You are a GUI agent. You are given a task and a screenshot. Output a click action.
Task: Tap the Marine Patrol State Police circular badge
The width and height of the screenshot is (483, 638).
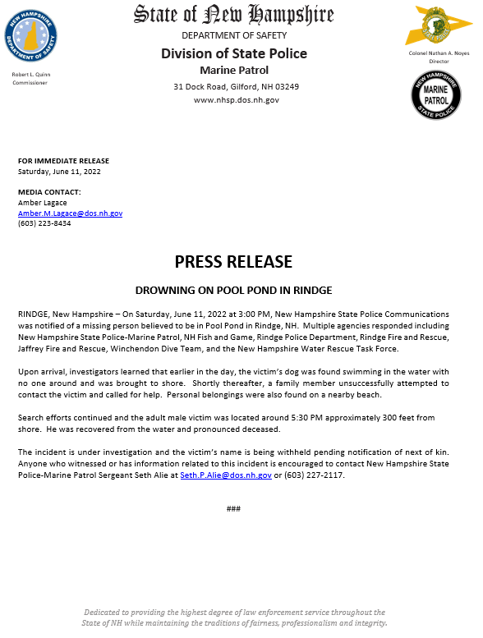tap(435, 95)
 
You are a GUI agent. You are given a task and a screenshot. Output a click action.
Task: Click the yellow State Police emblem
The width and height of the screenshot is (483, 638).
tap(435, 27)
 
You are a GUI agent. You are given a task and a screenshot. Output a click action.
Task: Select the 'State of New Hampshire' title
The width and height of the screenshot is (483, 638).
tap(234, 15)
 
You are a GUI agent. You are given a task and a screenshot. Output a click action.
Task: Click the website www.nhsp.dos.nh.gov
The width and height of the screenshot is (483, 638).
tap(235, 99)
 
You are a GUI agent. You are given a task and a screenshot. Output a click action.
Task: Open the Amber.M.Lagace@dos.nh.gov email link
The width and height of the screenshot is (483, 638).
tap(70, 213)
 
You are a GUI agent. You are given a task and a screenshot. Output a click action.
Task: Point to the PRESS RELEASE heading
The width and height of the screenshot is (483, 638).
tap(233, 262)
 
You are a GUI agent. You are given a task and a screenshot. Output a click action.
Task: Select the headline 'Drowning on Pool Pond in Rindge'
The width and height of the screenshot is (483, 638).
tap(233, 291)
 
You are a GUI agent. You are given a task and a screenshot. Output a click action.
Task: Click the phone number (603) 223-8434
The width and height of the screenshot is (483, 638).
tap(44, 223)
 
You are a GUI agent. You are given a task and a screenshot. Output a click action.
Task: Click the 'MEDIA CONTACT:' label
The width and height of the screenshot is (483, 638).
tap(49, 192)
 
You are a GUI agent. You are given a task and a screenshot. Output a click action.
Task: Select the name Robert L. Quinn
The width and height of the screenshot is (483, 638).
tap(31, 75)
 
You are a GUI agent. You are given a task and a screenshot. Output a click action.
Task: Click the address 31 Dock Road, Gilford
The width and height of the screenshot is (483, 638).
tap(235, 86)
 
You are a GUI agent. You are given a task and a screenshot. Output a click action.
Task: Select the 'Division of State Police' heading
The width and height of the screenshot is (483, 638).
tap(234, 53)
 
